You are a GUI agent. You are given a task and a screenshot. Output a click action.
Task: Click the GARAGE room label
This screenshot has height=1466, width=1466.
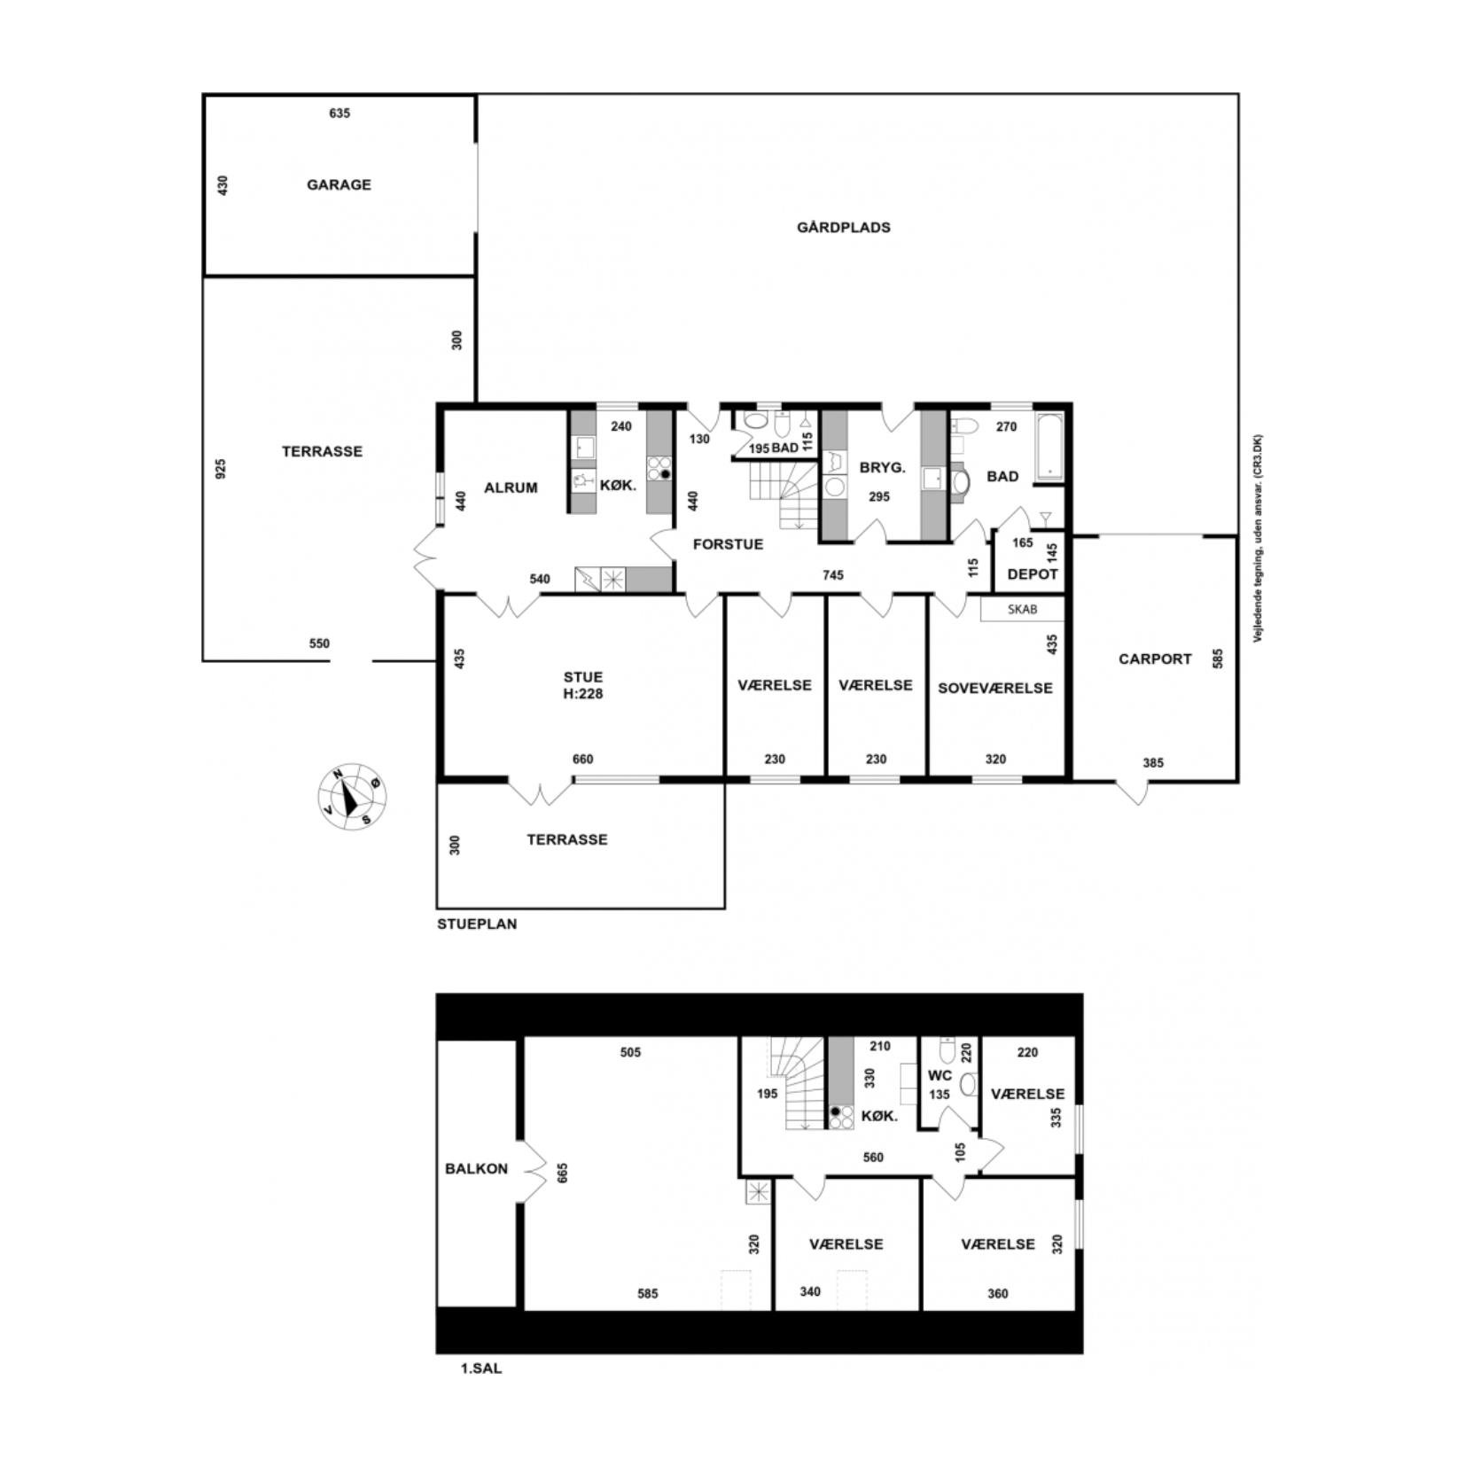tap(339, 184)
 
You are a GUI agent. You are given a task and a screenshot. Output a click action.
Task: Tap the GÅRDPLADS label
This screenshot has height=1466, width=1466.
tap(843, 227)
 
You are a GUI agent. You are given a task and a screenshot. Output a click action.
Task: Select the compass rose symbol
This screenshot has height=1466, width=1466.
tap(353, 795)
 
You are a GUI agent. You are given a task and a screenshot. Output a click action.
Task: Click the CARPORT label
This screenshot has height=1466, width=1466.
tap(1154, 659)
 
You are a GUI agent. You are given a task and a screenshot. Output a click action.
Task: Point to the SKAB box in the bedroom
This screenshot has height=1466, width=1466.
tap(1022, 609)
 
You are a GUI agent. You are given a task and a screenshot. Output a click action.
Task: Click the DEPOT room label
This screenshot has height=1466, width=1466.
tap(1033, 573)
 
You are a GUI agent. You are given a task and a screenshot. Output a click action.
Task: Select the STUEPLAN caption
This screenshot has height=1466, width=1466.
tap(477, 924)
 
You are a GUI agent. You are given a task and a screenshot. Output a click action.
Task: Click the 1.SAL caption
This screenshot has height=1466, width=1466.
tap(481, 1368)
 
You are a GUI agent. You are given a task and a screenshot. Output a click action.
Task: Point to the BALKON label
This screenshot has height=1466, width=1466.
tap(476, 1168)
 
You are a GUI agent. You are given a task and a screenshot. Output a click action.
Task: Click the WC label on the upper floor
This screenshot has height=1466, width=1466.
tap(940, 1075)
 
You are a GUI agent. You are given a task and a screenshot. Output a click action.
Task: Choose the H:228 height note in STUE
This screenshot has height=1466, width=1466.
tap(582, 693)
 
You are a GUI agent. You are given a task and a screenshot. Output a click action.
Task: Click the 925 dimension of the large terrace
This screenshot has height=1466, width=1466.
tap(221, 468)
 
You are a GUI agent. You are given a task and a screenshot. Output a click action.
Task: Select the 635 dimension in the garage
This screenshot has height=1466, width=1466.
tap(339, 113)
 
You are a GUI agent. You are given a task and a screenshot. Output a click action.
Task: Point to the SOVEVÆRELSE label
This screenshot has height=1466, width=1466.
tap(994, 688)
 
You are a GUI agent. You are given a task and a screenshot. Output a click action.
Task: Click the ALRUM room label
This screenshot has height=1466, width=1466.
tap(511, 487)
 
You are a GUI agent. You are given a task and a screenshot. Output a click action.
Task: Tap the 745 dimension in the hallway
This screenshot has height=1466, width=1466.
tap(832, 574)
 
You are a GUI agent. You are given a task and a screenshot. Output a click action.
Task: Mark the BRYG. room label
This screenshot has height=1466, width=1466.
tap(882, 467)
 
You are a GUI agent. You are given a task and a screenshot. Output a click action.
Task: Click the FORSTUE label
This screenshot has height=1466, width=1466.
tap(728, 543)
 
